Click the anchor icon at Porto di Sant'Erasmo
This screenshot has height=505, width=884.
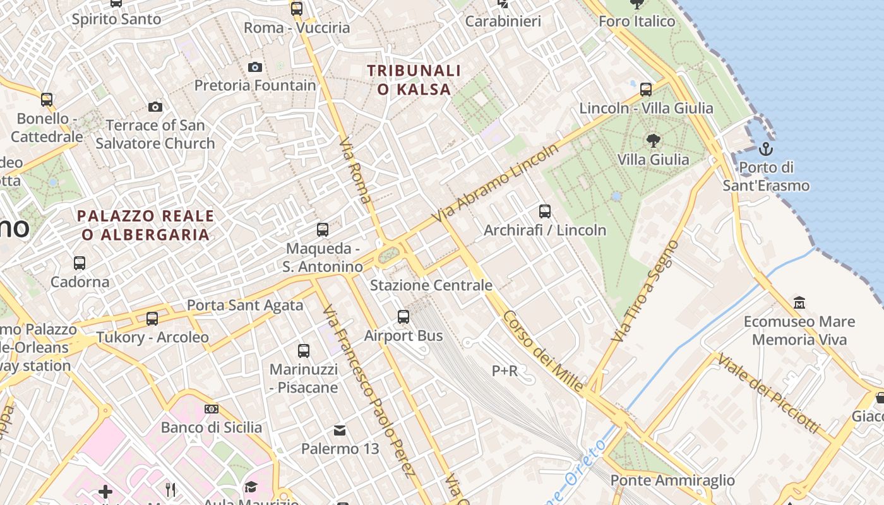click(765, 149)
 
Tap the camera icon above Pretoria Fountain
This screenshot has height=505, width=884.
click(255, 67)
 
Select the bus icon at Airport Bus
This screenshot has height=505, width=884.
click(403, 317)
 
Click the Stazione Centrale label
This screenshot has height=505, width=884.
click(431, 285)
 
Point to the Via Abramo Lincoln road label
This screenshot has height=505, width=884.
click(496, 183)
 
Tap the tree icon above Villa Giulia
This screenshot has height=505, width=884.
click(653, 141)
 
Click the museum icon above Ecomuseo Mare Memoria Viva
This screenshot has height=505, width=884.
click(799, 302)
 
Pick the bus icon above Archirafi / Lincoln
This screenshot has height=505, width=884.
click(545, 211)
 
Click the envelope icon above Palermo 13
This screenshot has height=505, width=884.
click(340, 431)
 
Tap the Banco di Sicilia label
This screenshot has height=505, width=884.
click(212, 427)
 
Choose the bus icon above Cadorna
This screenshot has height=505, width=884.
click(80, 263)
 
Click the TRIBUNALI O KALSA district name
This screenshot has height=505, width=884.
click(414, 80)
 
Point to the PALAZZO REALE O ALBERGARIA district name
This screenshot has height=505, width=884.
click(145, 225)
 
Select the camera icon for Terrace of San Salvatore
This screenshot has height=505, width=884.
click(155, 107)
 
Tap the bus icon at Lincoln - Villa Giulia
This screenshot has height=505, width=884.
click(645, 90)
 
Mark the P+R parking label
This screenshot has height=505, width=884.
click(505, 371)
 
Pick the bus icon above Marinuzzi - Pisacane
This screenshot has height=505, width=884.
click(304, 351)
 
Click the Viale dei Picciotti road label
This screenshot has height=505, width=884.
click(768, 393)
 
